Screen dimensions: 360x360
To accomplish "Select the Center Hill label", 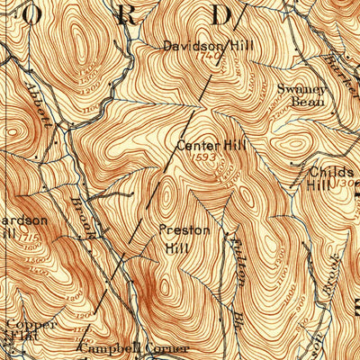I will (211, 144).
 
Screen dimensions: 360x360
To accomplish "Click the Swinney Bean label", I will (299, 96).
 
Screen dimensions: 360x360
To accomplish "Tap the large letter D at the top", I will (221, 13).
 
